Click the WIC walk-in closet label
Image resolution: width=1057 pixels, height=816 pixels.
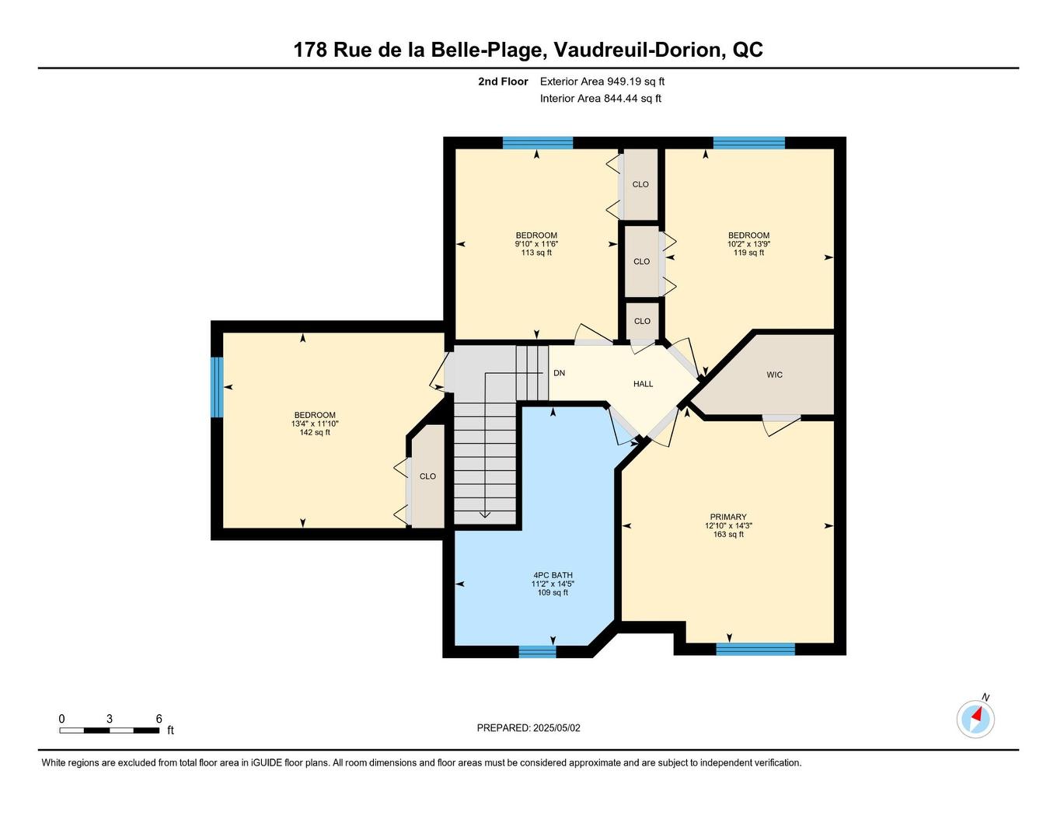point(774,375)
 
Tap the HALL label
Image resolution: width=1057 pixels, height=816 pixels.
point(643,384)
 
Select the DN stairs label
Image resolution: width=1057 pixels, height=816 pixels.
point(559,373)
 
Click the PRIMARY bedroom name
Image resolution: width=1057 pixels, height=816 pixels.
point(727,517)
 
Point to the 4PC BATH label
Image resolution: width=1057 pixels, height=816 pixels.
point(552,575)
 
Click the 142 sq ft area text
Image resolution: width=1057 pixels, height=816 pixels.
point(315,432)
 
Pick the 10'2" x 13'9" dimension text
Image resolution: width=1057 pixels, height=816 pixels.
point(748,244)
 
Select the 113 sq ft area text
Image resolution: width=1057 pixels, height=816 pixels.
point(536,253)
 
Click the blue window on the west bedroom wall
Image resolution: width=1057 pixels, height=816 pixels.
point(217,386)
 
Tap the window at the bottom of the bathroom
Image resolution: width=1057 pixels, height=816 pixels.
point(537,651)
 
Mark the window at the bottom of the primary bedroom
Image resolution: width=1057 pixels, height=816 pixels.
point(755,649)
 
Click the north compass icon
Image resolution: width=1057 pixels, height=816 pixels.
point(975,718)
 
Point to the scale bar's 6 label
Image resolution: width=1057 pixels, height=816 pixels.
point(159,719)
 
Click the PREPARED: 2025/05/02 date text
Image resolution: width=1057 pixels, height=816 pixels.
point(528,728)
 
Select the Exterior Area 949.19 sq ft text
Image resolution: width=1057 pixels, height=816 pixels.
point(602,81)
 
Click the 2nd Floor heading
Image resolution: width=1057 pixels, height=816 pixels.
point(503,81)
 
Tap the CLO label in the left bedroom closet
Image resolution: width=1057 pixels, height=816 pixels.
point(427,476)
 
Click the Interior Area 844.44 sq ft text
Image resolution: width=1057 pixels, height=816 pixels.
point(601,99)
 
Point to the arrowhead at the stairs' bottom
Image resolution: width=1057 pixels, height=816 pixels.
point(484,514)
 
